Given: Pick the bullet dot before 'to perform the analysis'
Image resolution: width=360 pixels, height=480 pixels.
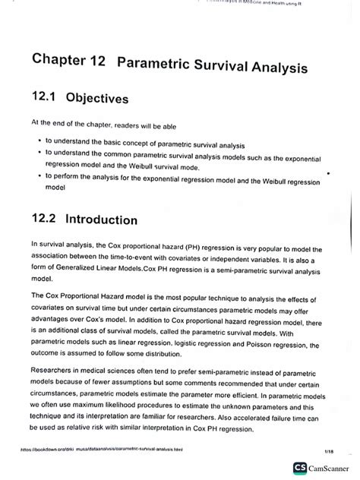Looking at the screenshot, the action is (38, 175).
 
